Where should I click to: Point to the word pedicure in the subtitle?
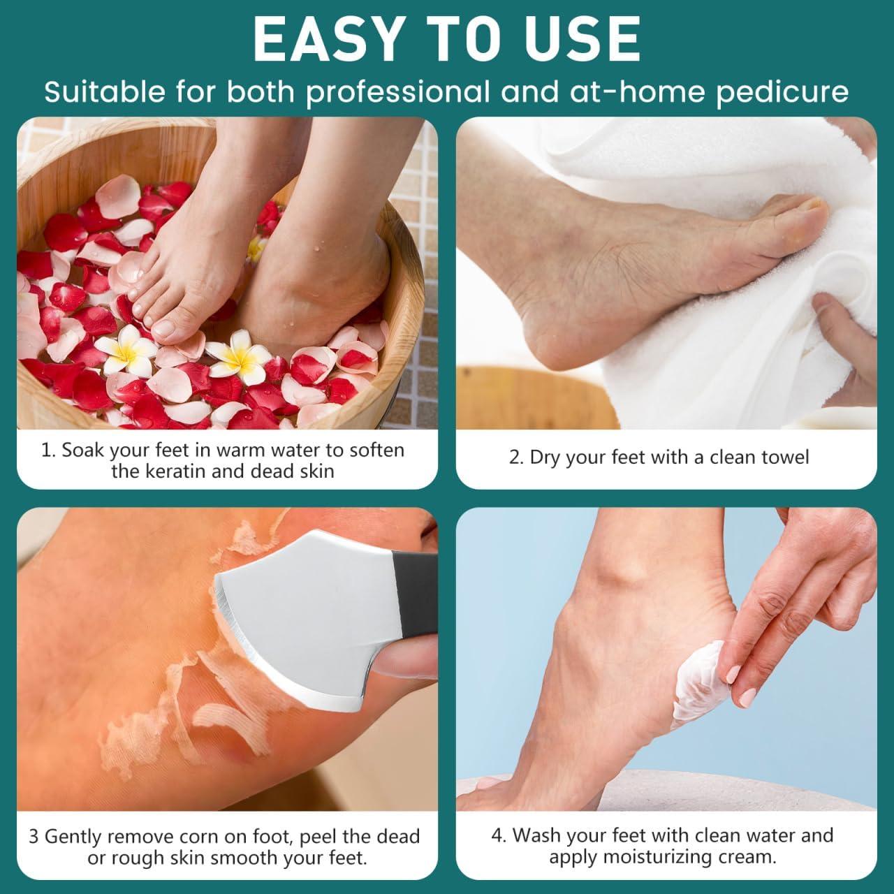point(782,92)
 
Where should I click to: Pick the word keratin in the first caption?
point(173,471)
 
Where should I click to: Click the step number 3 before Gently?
point(34,836)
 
